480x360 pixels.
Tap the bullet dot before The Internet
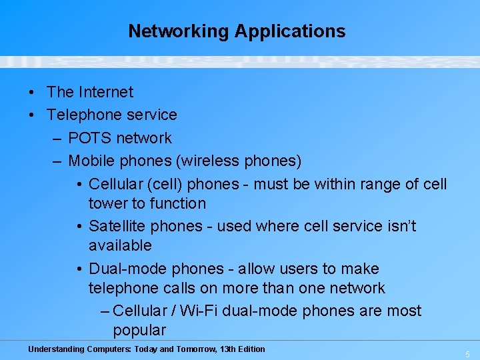(x=32, y=92)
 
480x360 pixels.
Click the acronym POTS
(x=90, y=138)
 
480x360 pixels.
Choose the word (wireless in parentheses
(x=214, y=161)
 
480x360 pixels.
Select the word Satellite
(x=117, y=226)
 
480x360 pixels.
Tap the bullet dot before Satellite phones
(x=79, y=226)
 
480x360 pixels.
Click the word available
(x=120, y=245)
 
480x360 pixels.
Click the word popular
(x=139, y=330)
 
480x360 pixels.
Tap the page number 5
(x=467, y=354)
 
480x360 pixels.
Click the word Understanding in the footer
(x=57, y=349)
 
